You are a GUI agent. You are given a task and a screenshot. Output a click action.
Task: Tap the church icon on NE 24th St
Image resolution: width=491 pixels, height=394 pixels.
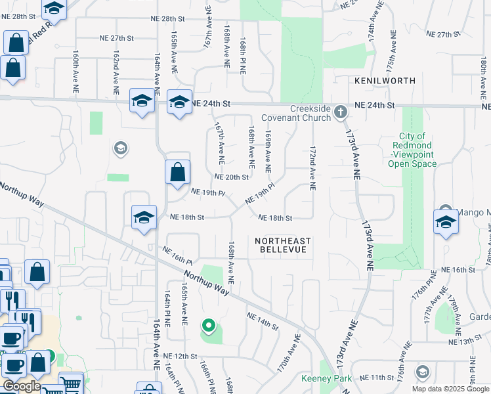point(340,112)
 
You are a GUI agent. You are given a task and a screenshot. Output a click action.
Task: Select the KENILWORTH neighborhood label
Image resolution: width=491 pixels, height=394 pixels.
point(385,81)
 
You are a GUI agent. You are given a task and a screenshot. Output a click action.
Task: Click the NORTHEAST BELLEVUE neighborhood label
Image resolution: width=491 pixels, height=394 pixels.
point(283,245)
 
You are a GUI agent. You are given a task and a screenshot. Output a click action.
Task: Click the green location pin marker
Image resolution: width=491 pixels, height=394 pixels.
point(209,324)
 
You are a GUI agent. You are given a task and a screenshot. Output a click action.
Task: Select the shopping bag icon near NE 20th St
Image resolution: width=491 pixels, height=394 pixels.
point(177,173)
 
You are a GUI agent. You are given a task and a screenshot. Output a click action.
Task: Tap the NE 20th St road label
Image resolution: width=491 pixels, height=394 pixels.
point(232,177)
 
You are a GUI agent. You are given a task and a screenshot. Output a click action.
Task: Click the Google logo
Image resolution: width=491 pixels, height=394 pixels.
point(21,386)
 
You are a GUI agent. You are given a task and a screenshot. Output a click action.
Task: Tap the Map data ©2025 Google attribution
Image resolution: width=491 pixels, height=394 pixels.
point(450,389)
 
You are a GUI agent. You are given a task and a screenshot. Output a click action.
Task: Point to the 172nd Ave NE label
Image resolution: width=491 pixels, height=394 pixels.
point(312,168)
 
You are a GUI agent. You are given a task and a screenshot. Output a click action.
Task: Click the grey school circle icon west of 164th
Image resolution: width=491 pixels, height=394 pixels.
point(119,148)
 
